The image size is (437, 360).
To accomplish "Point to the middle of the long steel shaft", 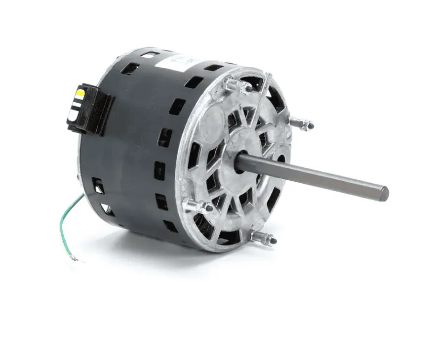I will coord(316,176).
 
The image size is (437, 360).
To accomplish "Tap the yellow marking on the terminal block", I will coord(80,92).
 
